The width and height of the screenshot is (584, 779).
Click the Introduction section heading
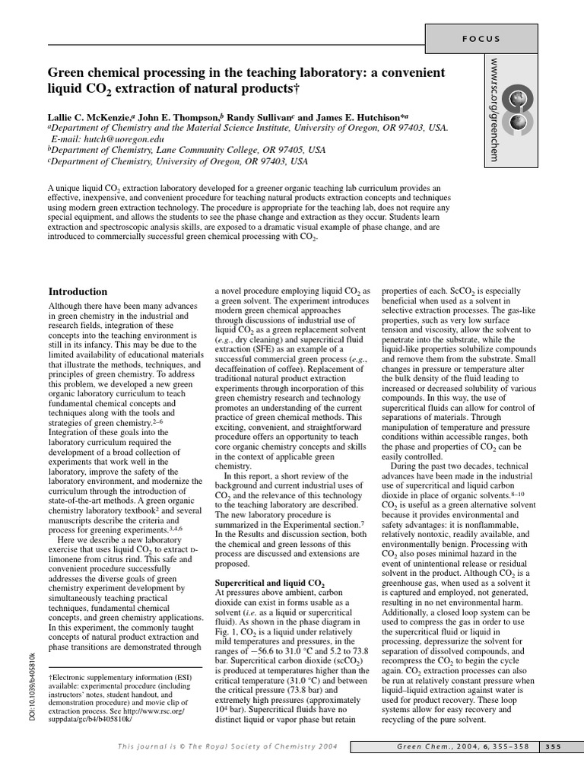78,291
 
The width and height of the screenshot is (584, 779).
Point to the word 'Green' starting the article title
65,72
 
